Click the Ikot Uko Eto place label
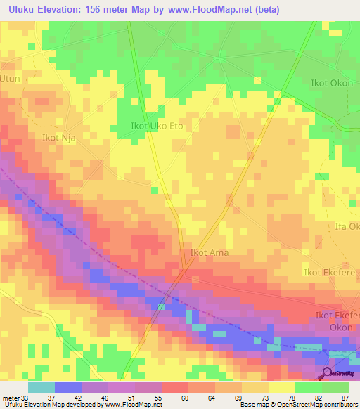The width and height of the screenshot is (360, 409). [x=157, y=126]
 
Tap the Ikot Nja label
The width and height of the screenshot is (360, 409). [x=58, y=138]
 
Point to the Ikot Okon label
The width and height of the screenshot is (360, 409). [x=332, y=83]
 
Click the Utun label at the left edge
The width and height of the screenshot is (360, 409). [x=11, y=79]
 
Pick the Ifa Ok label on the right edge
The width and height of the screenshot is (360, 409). [x=347, y=226]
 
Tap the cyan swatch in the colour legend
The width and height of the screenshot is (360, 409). [x=41, y=388]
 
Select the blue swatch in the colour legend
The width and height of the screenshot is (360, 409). [x=67, y=388]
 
